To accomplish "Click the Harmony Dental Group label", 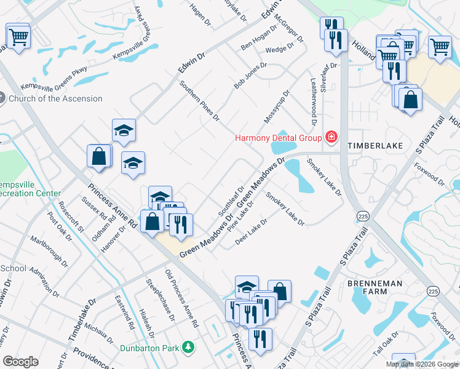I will [x=279, y=137].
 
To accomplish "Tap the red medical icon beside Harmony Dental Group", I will [x=331, y=137].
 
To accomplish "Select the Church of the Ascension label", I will [x=56, y=98].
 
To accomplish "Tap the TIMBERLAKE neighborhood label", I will [x=375, y=145].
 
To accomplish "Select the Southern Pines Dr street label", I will [x=199, y=100].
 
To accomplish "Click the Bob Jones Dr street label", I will [x=250, y=76].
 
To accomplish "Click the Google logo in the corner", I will [x=20, y=362].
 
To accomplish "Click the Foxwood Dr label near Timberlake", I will [x=429, y=174].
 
